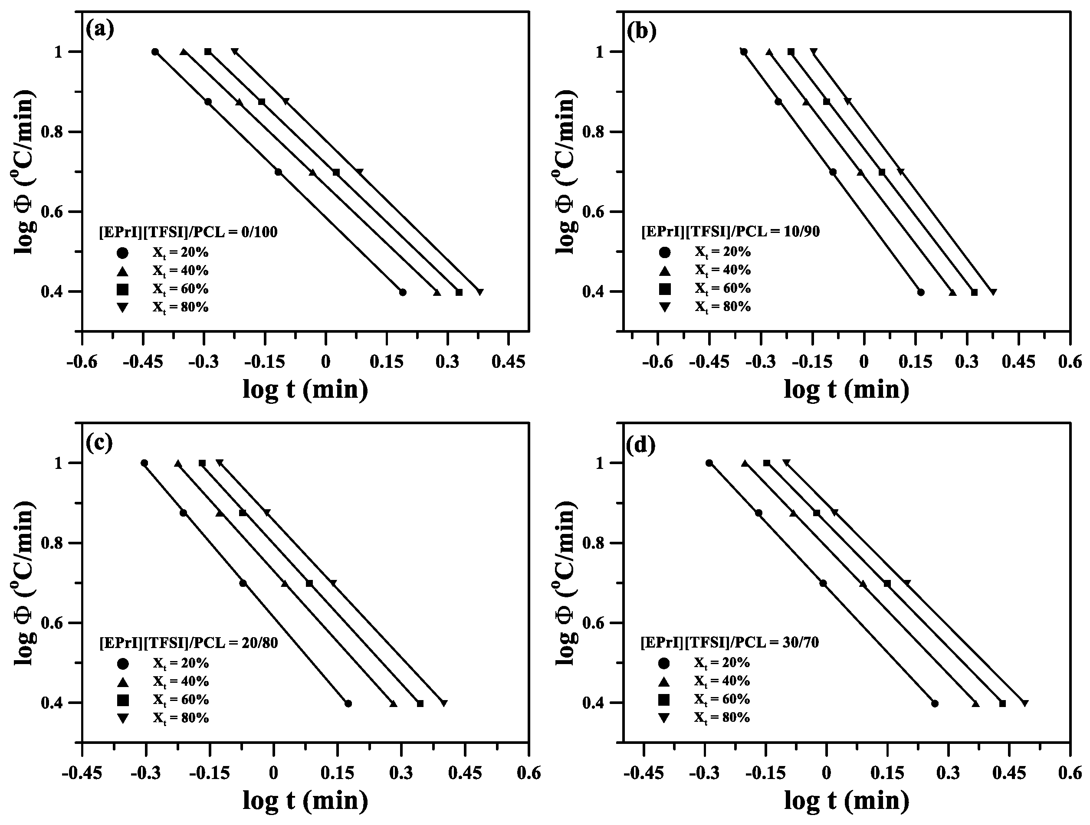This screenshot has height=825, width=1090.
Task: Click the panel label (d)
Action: pyautogui.click(x=640, y=445)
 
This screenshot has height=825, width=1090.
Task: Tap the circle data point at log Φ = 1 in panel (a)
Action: pyautogui.click(x=155, y=52)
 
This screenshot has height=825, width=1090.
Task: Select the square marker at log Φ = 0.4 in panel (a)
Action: pyautogui.click(x=459, y=292)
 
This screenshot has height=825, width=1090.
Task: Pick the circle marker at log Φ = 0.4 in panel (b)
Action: pyautogui.click(x=920, y=292)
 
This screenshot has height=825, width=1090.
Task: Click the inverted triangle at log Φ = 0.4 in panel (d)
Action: pyautogui.click(x=1024, y=704)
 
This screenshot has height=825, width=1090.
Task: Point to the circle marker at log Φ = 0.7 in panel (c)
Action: pyautogui.click(x=243, y=583)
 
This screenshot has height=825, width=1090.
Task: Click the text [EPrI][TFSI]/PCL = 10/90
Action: pyautogui.click(x=730, y=232)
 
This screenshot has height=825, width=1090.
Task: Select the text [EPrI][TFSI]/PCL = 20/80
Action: pyautogui.click(x=189, y=643)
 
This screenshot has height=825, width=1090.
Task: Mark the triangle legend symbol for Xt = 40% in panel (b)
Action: pyautogui.click(x=665, y=270)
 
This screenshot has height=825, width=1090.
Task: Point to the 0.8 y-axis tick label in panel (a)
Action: pyautogui.click(x=56, y=132)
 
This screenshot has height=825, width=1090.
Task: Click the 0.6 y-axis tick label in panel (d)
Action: pyautogui.click(x=596, y=623)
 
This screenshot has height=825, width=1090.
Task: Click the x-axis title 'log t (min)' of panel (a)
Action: pyautogui.click(x=305, y=390)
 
